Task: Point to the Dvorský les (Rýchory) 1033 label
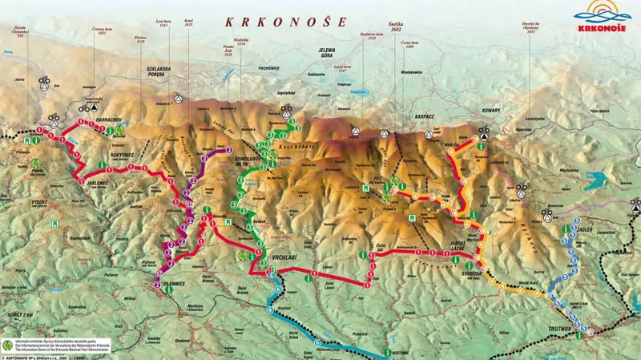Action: (x=526, y=38)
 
